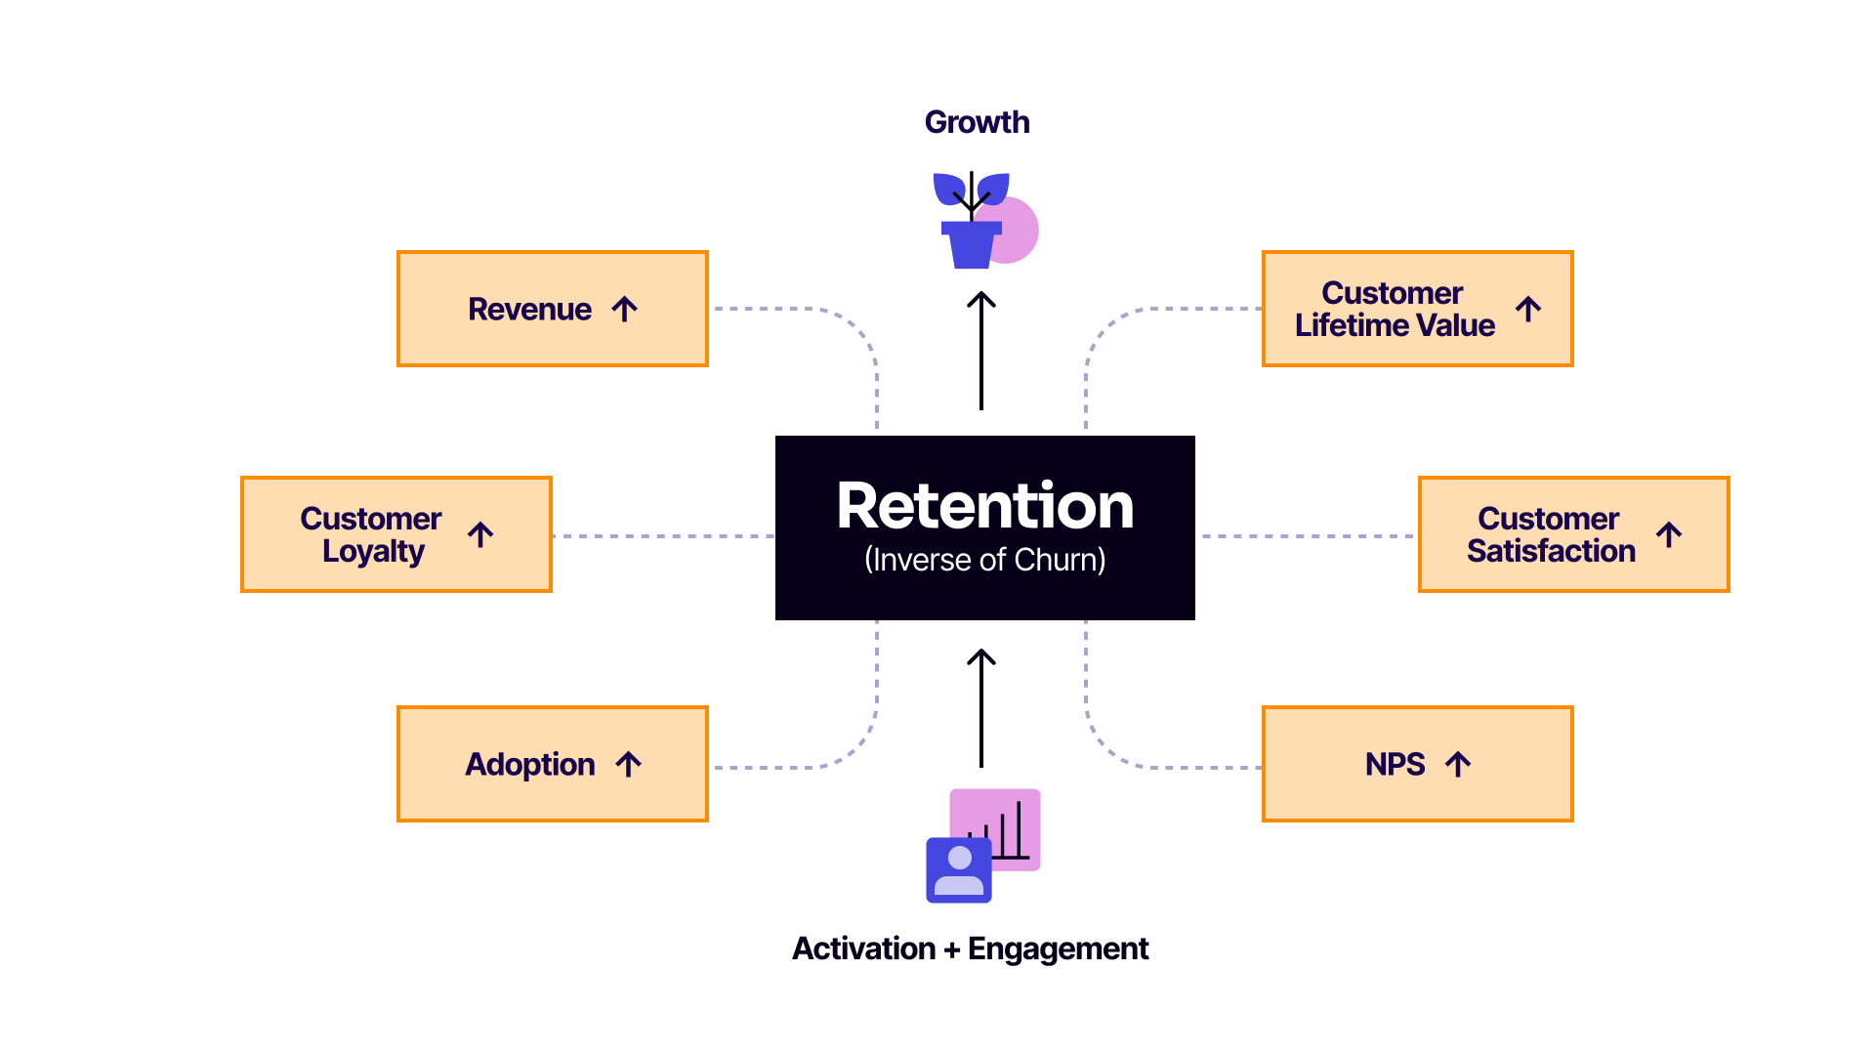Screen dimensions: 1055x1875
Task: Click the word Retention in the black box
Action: [984, 506]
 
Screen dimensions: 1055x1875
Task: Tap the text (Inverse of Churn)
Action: [984, 560]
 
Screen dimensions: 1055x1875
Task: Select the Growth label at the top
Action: [977, 122]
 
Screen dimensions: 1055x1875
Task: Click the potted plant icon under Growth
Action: [973, 222]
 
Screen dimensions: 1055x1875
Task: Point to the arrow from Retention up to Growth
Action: [981, 352]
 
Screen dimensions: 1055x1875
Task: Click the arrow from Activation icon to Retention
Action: [981, 708]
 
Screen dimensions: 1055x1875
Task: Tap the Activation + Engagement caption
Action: [970, 949]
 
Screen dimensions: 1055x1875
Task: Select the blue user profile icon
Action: [959, 869]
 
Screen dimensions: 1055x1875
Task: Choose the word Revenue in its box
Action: [529, 310]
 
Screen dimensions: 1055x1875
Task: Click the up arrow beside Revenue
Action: [625, 310]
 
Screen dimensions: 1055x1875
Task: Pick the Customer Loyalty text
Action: [371, 534]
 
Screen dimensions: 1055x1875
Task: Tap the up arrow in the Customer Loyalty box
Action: [480, 534]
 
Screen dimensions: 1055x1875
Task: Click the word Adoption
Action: [530, 764]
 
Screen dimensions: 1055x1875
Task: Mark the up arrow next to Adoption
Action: [629, 764]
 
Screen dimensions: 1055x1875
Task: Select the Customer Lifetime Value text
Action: [1395, 309]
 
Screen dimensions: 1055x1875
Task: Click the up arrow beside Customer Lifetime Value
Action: [1528, 310]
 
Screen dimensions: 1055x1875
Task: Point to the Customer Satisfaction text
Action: [1551, 534]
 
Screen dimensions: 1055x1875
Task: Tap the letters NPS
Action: [1395, 764]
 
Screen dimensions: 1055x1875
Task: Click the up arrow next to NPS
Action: [1458, 764]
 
